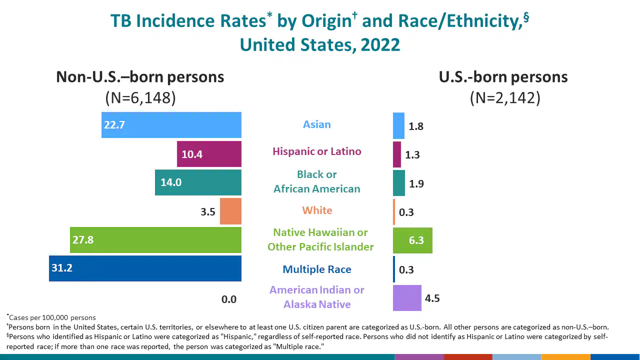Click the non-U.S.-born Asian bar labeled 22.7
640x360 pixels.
[171, 125]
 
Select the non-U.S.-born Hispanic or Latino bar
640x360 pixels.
[209, 154]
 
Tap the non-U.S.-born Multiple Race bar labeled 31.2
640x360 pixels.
[145, 268]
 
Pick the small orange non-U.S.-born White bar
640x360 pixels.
[230, 211]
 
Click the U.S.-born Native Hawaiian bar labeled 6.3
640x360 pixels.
[412, 240]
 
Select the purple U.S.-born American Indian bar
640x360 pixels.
[407, 298]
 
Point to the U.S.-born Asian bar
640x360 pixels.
[398, 125]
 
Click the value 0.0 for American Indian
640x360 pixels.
[229, 299]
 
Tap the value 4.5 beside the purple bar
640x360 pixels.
[432, 298]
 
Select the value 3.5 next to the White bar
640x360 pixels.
[208, 212]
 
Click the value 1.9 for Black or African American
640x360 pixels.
[416, 183]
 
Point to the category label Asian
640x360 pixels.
[317, 124]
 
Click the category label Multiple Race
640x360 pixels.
[317, 269]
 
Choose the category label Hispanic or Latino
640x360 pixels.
[317, 151]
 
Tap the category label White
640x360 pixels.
[317, 210]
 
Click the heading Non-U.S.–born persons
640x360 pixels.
[140, 77]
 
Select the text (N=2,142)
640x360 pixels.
[505, 97]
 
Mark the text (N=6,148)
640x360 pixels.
[140, 97]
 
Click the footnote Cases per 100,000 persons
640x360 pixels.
[52, 317]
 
